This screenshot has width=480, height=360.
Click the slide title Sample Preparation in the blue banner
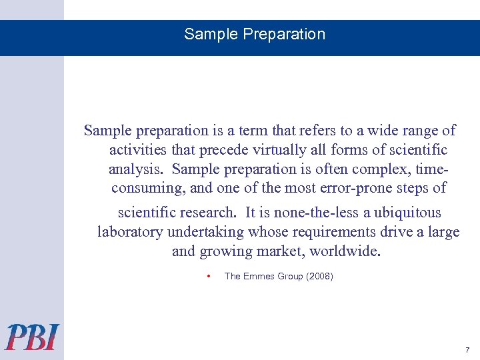click(x=255, y=35)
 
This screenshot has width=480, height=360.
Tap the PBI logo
click(x=33, y=337)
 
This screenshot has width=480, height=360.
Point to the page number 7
click(x=467, y=350)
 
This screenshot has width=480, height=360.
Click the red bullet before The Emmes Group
click(x=209, y=276)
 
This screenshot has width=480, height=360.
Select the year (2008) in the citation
click(x=319, y=276)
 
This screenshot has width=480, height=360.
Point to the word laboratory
click(x=131, y=232)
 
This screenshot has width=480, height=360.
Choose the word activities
click(x=137, y=150)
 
